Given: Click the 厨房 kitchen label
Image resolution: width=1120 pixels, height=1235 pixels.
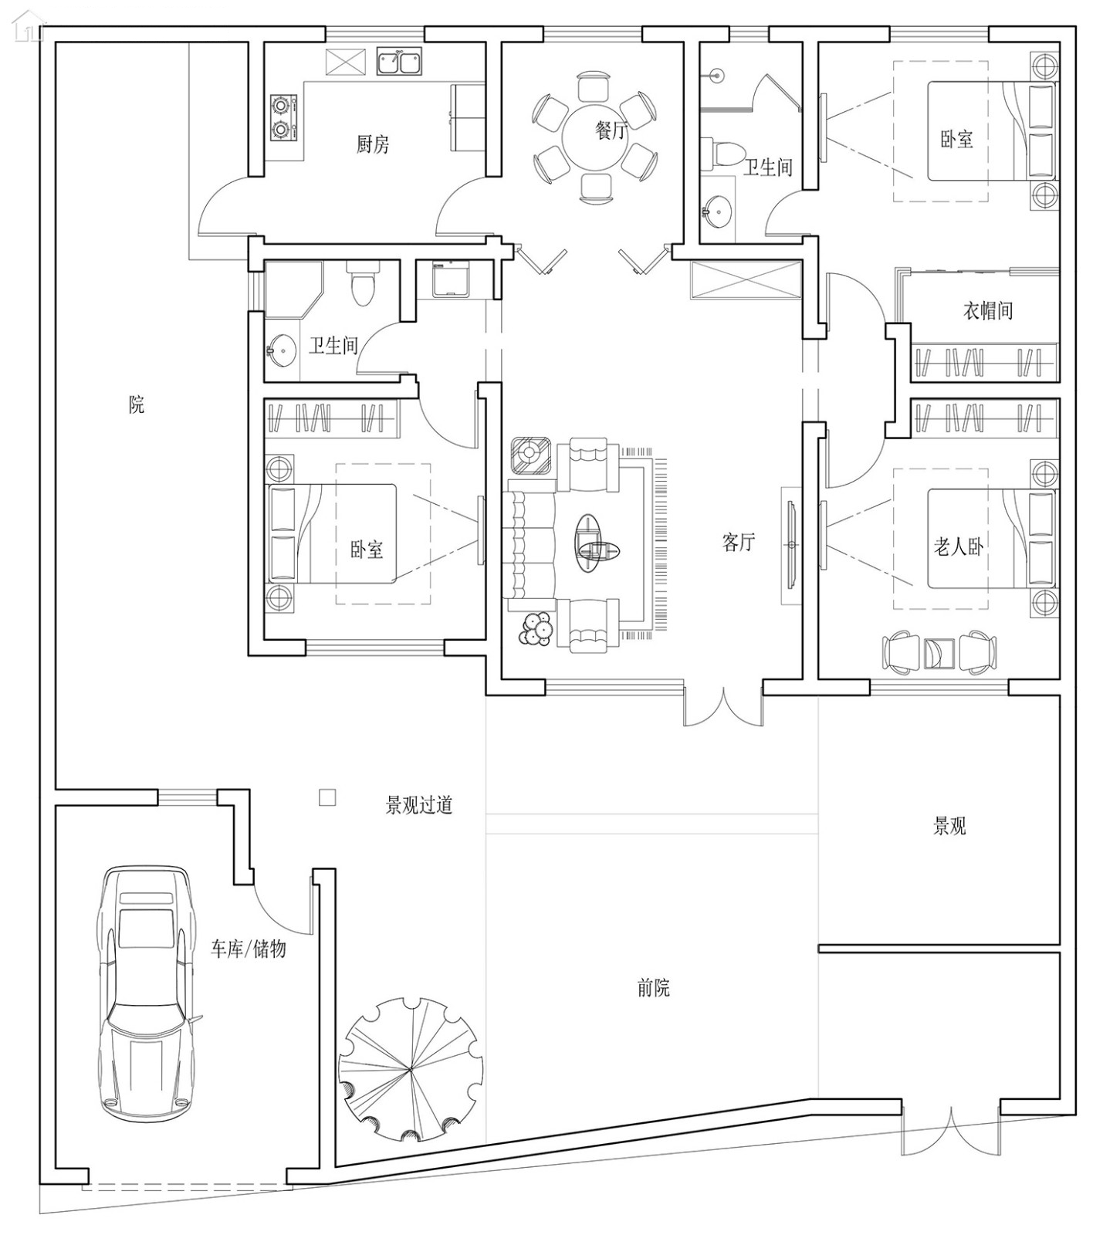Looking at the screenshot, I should click(x=373, y=144).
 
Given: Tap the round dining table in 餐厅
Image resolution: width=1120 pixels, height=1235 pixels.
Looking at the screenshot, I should click(x=595, y=137).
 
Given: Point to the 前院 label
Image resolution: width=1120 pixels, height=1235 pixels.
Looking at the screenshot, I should click(x=654, y=987).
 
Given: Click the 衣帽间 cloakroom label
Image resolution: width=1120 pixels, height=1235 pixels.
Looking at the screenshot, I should click(x=987, y=311).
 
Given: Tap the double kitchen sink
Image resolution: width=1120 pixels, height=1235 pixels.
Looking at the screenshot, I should click(x=399, y=62).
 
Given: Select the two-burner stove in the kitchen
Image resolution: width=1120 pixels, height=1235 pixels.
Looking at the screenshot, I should click(x=283, y=117).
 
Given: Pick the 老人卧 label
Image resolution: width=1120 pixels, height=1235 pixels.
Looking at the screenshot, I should click(x=958, y=547).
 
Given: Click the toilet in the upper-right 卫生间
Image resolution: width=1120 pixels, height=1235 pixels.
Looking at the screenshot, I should click(x=725, y=152).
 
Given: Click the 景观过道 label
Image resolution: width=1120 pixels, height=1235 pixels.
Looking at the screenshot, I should click(x=418, y=806).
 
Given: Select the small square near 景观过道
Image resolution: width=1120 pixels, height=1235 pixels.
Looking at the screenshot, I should click(x=327, y=797).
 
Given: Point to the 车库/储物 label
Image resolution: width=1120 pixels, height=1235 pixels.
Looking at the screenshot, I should click(x=249, y=949).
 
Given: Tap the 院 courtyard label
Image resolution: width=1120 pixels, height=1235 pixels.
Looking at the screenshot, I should click(x=137, y=404).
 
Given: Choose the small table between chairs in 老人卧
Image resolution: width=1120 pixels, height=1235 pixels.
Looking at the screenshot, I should click(x=939, y=653).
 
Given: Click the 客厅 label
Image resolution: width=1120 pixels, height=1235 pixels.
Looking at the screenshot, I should click(x=738, y=542).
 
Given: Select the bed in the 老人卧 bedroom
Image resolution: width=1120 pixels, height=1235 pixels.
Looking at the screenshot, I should click(x=988, y=539).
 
